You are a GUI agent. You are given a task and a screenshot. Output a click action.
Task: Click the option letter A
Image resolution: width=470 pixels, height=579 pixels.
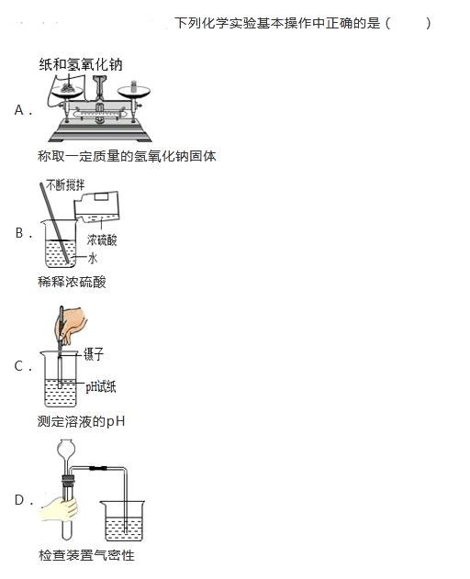(x=19, y=110)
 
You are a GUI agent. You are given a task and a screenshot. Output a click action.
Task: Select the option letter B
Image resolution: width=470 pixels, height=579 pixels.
(x=19, y=233)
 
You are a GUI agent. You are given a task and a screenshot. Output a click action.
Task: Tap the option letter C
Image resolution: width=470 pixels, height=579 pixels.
(x=19, y=366)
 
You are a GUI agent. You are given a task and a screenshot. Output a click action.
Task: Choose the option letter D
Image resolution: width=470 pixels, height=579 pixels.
(x=19, y=499)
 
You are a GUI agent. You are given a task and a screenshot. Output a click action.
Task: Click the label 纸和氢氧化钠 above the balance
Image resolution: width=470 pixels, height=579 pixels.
(x=81, y=64)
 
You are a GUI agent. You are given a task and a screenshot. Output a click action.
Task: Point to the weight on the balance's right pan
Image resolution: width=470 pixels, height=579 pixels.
(x=133, y=86)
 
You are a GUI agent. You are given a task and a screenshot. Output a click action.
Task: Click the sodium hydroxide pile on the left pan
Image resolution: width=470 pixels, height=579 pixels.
(x=67, y=87)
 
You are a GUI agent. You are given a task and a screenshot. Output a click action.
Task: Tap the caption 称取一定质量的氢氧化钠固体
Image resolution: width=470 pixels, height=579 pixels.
(x=127, y=156)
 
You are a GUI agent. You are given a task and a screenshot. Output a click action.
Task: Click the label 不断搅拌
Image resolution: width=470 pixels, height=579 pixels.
(x=65, y=184)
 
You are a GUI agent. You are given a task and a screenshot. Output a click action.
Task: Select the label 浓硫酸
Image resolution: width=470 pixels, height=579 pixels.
(x=102, y=240)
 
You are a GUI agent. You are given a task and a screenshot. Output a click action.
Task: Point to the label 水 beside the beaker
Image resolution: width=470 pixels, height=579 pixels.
(x=93, y=258)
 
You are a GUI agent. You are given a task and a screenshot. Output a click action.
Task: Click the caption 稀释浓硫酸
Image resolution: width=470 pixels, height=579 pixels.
(x=72, y=282)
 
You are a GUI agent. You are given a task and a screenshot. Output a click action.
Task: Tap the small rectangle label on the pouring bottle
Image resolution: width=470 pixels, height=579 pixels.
(x=101, y=196)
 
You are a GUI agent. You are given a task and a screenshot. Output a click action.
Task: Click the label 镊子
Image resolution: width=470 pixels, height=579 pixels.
(x=94, y=354)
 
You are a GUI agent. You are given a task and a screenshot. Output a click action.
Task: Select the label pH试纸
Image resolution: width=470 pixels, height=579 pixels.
(x=101, y=386)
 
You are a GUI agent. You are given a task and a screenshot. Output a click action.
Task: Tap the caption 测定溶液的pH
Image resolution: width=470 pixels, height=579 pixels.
(x=82, y=421)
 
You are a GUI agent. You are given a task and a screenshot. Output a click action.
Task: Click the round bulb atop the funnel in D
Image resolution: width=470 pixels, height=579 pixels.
(x=66, y=448)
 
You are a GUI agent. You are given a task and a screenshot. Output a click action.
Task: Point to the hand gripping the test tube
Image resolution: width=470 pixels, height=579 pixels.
(x=59, y=509)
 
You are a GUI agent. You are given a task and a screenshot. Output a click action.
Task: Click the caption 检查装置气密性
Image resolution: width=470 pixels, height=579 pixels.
(x=86, y=555)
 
